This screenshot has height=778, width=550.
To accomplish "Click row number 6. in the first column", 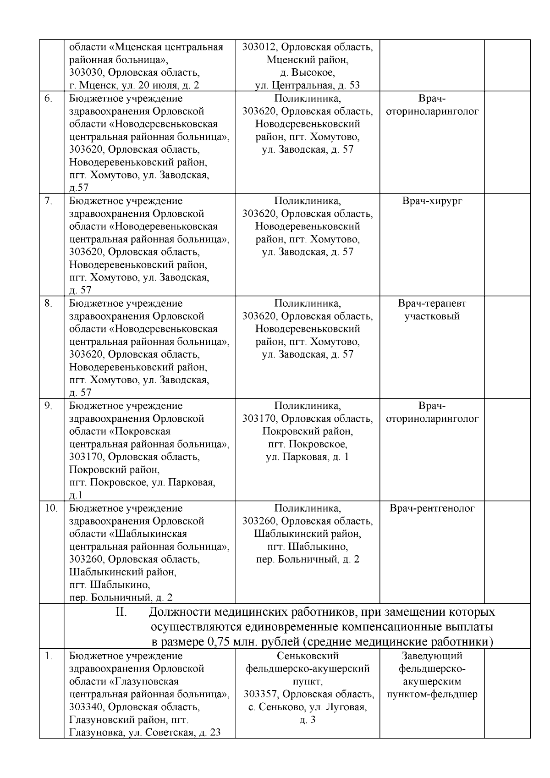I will click(x=49, y=99).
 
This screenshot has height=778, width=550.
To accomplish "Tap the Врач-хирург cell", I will click(x=432, y=201).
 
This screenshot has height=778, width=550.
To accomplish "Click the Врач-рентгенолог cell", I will click(x=432, y=508).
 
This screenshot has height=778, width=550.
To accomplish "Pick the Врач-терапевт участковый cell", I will click(x=432, y=309).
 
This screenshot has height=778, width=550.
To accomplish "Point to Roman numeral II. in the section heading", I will click(x=121, y=612).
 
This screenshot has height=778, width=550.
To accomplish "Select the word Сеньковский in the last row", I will click(x=308, y=656).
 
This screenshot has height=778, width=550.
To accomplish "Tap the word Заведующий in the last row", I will click(x=432, y=656).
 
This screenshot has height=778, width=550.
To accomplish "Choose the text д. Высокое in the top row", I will click(x=307, y=72).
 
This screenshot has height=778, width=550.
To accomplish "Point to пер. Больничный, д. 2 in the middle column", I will click(x=308, y=559).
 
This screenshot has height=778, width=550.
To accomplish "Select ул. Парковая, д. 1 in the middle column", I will click(x=308, y=457).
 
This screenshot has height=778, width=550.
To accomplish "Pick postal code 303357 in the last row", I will click(x=260, y=694).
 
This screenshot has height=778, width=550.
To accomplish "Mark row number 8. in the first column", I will click(x=49, y=303).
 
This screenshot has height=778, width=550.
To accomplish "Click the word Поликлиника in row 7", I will click(x=308, y=201).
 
